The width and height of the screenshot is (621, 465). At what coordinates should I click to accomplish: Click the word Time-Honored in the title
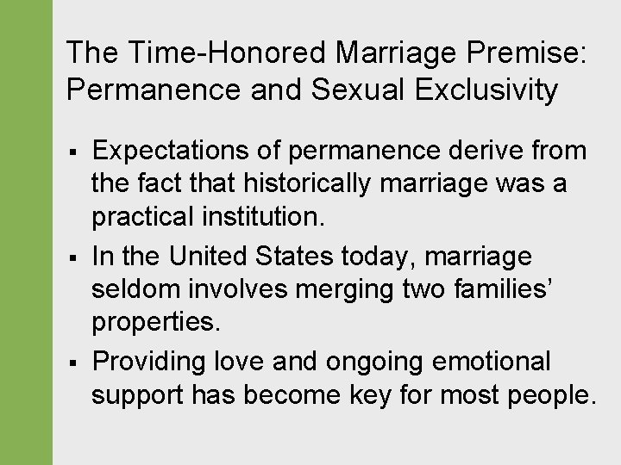[x=229, y=53]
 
